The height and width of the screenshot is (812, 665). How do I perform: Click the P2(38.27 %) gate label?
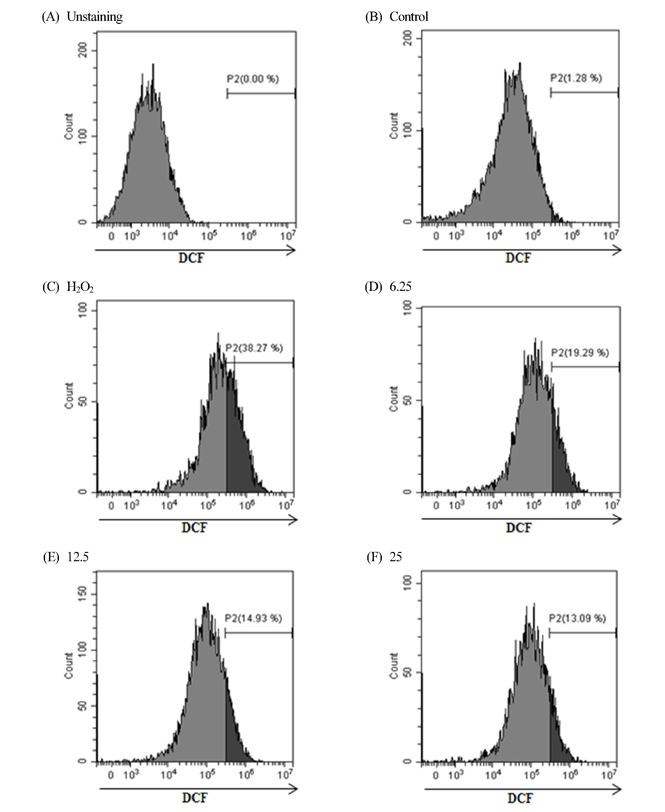click(254, 348)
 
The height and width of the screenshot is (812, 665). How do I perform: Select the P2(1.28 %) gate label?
click(576, 78)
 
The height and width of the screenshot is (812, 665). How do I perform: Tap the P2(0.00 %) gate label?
click(253, 79)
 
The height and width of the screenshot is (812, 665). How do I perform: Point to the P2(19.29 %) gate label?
click(580, 352)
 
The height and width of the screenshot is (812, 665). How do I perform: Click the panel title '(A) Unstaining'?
click(82, 17)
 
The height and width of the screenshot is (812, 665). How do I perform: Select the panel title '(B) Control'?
click(396, 17)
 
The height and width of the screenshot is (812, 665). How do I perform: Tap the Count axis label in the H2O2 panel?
click(69, 396)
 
